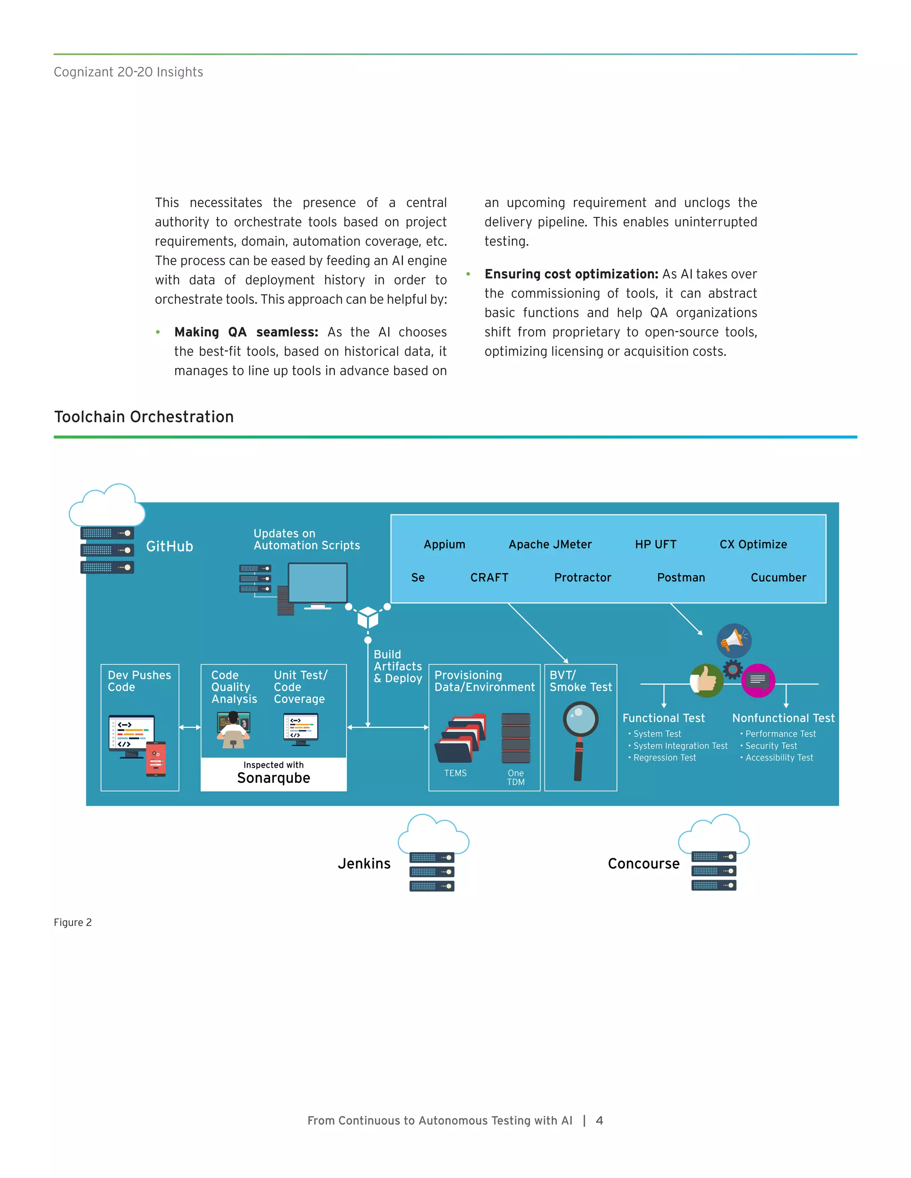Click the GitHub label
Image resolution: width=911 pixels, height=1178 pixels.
click(169, 546)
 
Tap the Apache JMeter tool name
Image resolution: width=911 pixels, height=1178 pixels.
click(549, 544)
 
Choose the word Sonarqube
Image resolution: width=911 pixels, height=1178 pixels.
click(273, 778)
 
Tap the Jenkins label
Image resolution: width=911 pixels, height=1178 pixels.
click(364, 864)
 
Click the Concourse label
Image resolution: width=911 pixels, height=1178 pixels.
click(643, 864)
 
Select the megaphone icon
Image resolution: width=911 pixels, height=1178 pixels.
click(734, 640)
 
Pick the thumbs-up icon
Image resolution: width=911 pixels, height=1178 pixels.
click(706, 681)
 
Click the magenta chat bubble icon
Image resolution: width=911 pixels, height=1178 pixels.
click(758, 680)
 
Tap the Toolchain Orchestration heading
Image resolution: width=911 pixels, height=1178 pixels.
click(144, 417)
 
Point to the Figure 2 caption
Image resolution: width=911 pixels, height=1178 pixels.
click(73, 922)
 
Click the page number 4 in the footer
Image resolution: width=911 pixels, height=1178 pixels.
click(599, 1120)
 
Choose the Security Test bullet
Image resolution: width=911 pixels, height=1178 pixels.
click(771, 745)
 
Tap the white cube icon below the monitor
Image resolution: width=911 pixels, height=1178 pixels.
click(367, 617)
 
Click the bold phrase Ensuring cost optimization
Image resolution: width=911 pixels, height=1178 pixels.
click(571, 274)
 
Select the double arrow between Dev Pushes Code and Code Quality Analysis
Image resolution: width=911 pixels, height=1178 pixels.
click(189, 727)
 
